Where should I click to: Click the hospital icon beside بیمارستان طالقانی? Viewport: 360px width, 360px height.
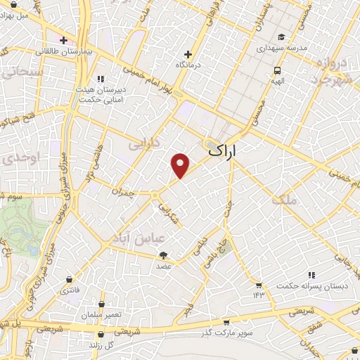click(63, 40)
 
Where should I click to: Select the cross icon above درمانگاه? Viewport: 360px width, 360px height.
click(188, 54)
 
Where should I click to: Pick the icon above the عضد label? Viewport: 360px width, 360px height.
click(164, 255)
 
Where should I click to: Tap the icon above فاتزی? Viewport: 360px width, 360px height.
click(69, 279)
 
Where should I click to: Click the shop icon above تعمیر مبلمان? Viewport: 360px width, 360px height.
click(103, 304)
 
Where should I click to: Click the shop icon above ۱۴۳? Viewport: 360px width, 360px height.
click(259, 285)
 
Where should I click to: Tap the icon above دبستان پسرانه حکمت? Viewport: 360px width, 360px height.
click(311, 275)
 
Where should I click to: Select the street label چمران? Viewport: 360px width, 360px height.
click(123, 191)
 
